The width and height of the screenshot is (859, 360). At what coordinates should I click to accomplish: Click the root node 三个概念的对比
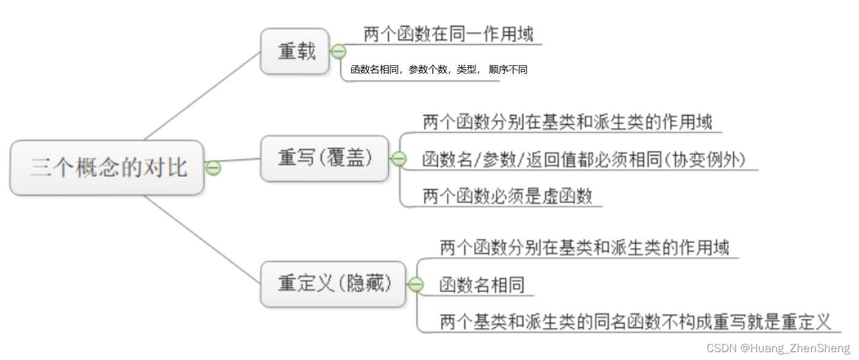(x=107, y=168)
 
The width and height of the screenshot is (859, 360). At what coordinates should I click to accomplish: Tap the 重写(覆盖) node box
(x=324, y=159)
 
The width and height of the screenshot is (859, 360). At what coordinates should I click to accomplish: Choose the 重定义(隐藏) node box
(x=332, y=284)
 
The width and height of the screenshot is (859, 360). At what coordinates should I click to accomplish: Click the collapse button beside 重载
(x=338, y=51)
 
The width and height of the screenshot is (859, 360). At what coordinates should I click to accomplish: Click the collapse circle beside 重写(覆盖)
(x=398, y=159)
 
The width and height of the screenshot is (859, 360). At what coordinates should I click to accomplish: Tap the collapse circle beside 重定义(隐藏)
(x=415, y=284)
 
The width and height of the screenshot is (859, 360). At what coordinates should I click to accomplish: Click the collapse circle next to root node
(x=213, y=168)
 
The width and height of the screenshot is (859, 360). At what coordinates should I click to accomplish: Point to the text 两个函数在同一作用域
(x=448, y=34)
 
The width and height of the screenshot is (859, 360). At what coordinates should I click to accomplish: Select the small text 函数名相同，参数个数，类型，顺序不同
(x=439, y=70)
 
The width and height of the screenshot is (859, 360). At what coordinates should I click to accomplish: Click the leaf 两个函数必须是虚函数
(x=507, y=197)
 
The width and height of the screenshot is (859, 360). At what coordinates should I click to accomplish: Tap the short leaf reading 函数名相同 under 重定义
(x=482, y=285)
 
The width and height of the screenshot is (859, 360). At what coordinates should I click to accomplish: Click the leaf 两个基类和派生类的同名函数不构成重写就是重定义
(x=636, y=321)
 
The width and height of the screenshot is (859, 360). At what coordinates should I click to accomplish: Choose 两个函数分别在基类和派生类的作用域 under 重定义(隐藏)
(x=584, y=247)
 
